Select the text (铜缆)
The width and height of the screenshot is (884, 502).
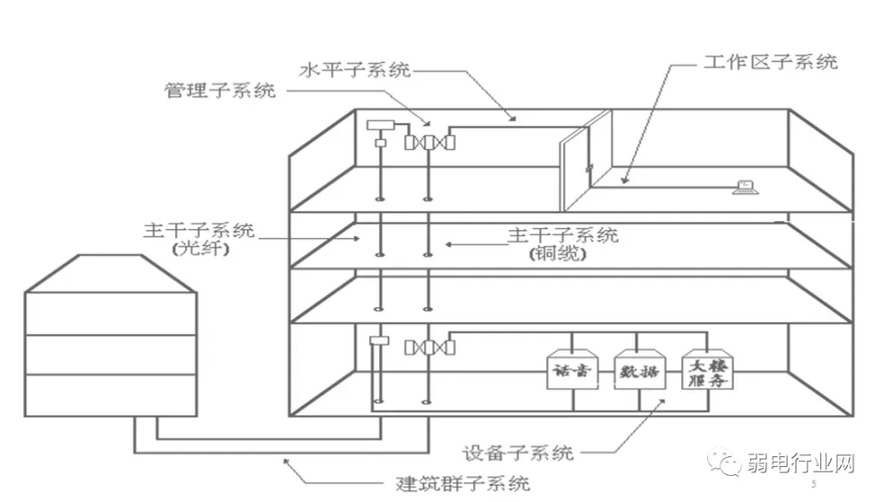559,255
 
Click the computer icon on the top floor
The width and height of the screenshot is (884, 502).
745,187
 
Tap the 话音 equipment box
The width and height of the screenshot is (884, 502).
570,371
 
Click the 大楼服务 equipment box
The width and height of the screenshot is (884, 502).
707,371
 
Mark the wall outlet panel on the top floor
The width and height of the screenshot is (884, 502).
586,160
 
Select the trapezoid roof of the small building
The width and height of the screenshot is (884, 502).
110,273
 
